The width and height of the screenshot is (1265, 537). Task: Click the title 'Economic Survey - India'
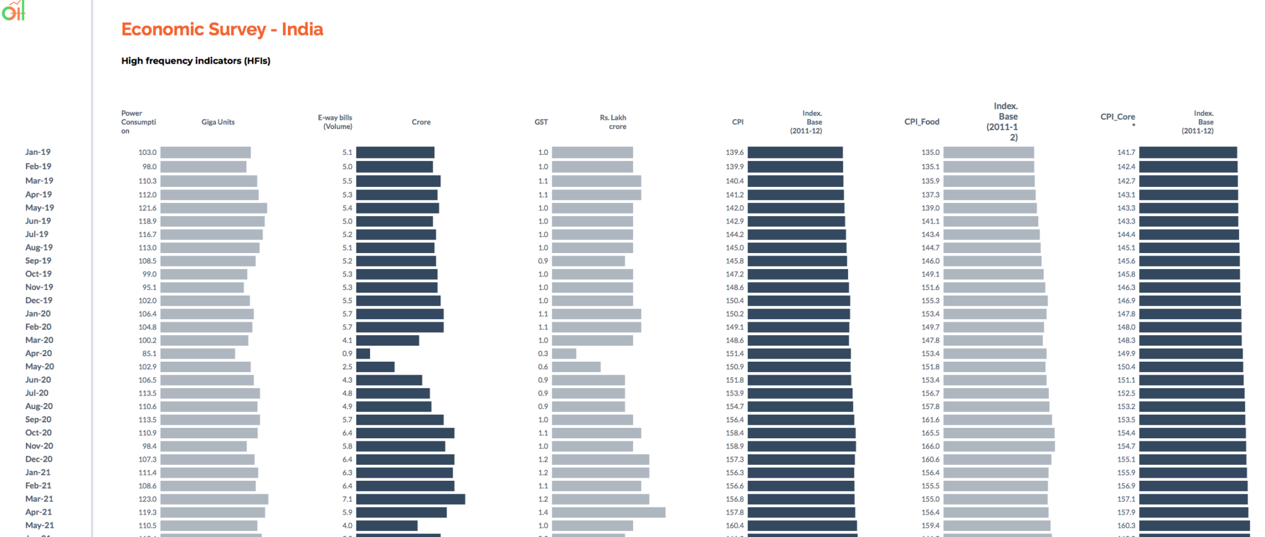click(x=222, y=29)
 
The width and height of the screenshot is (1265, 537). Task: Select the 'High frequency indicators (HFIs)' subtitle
click(x=196, y=60)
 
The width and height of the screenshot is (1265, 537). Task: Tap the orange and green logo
click(x=14, y=10)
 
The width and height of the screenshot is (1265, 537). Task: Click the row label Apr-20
click(x=38, y=353)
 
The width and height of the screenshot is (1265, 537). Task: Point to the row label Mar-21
click(x=39, y=499)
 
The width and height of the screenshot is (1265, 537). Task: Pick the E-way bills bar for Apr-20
click(x=363, y=354)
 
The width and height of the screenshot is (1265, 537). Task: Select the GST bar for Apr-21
click(x=608, y=512)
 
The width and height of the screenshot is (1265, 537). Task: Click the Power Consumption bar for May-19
click(x=214, y=208)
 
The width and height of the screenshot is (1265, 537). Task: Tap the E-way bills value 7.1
click(x=347, y=499)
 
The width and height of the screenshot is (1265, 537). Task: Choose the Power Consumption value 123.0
click(x=148, y=499)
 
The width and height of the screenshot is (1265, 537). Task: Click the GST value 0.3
click(x=543, y=354)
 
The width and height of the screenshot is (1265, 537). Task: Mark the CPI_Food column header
click(x=922, y=122)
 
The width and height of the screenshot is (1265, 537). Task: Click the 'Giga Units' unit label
click(x=218, y=122)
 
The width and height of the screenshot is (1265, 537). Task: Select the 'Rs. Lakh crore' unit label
click(x=613, y=122)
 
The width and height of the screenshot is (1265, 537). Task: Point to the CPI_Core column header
click(x=1117, y=117)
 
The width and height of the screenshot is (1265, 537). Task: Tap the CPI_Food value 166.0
click(x=930, y=446)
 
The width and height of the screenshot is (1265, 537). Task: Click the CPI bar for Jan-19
click(x=795, y=152)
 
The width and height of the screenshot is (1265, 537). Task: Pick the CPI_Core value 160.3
click(x=1126, y=526)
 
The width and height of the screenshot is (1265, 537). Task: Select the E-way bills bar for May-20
click(x=376, y=367)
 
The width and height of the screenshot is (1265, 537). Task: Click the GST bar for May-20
click(x=576, y=367)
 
